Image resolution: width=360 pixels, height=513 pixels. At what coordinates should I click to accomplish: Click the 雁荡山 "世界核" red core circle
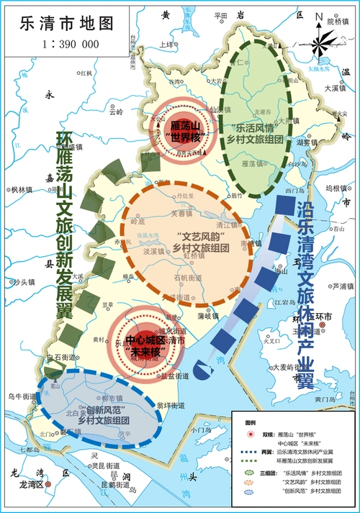[177, 130]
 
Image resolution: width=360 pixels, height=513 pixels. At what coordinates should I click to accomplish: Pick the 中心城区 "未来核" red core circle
[146, 346]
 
